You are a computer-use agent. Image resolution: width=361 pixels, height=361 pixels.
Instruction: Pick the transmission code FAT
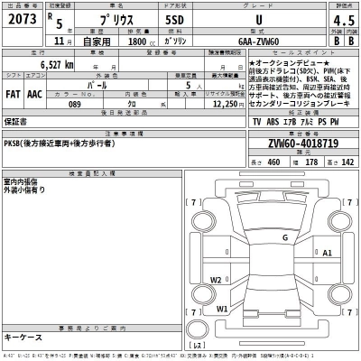click(x=14, y=92)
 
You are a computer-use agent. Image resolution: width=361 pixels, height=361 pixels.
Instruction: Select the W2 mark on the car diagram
click(x=216, y=280)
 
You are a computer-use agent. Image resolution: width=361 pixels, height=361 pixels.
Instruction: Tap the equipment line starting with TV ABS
click(x=298, y=120)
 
